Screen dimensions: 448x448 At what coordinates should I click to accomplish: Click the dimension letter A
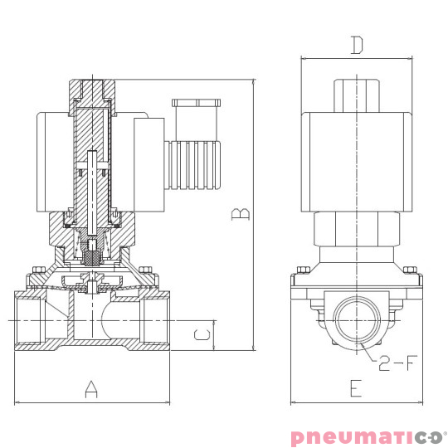click(91, 388)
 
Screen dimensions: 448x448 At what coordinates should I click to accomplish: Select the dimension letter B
click(240, 215)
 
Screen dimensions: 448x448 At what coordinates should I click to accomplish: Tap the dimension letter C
click(199, 335)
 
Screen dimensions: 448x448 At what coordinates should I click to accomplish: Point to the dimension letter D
click(356, 45)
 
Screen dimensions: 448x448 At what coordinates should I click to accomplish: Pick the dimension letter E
click(356, 387)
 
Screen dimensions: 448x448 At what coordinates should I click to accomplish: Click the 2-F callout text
click(396, 362)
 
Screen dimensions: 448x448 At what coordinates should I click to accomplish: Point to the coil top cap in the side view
click(356, 94)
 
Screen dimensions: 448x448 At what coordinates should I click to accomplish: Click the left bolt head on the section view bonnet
click(37, 270)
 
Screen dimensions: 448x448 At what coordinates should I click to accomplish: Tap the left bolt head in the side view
click(303, 270)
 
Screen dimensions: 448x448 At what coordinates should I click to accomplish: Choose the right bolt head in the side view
click(408, 270)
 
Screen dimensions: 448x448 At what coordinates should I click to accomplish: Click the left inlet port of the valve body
click(30, 320)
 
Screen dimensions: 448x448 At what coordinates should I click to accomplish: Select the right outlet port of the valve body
click(155, 320)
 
